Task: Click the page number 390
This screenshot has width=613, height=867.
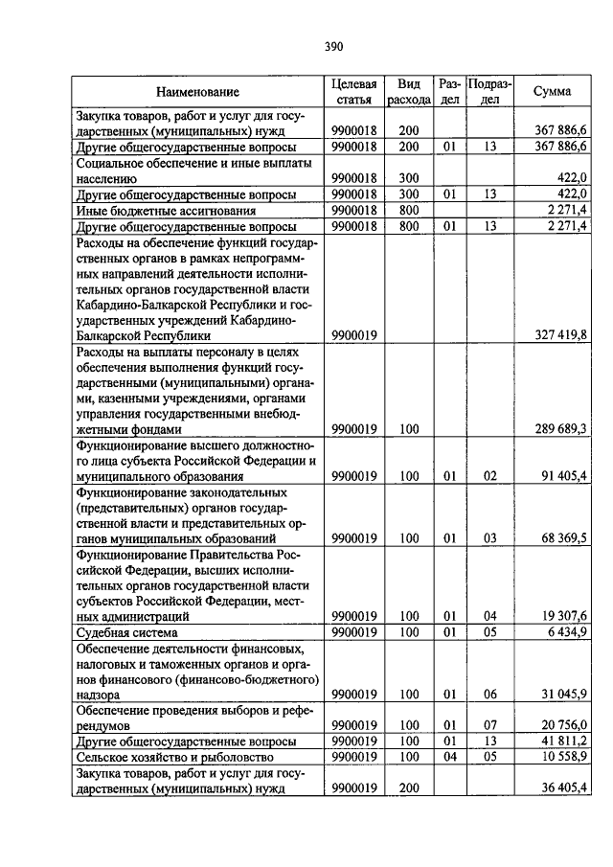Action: [333, 45]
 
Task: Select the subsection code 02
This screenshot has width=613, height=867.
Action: [489, 475]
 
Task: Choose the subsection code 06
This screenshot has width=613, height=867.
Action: [489, 694]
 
